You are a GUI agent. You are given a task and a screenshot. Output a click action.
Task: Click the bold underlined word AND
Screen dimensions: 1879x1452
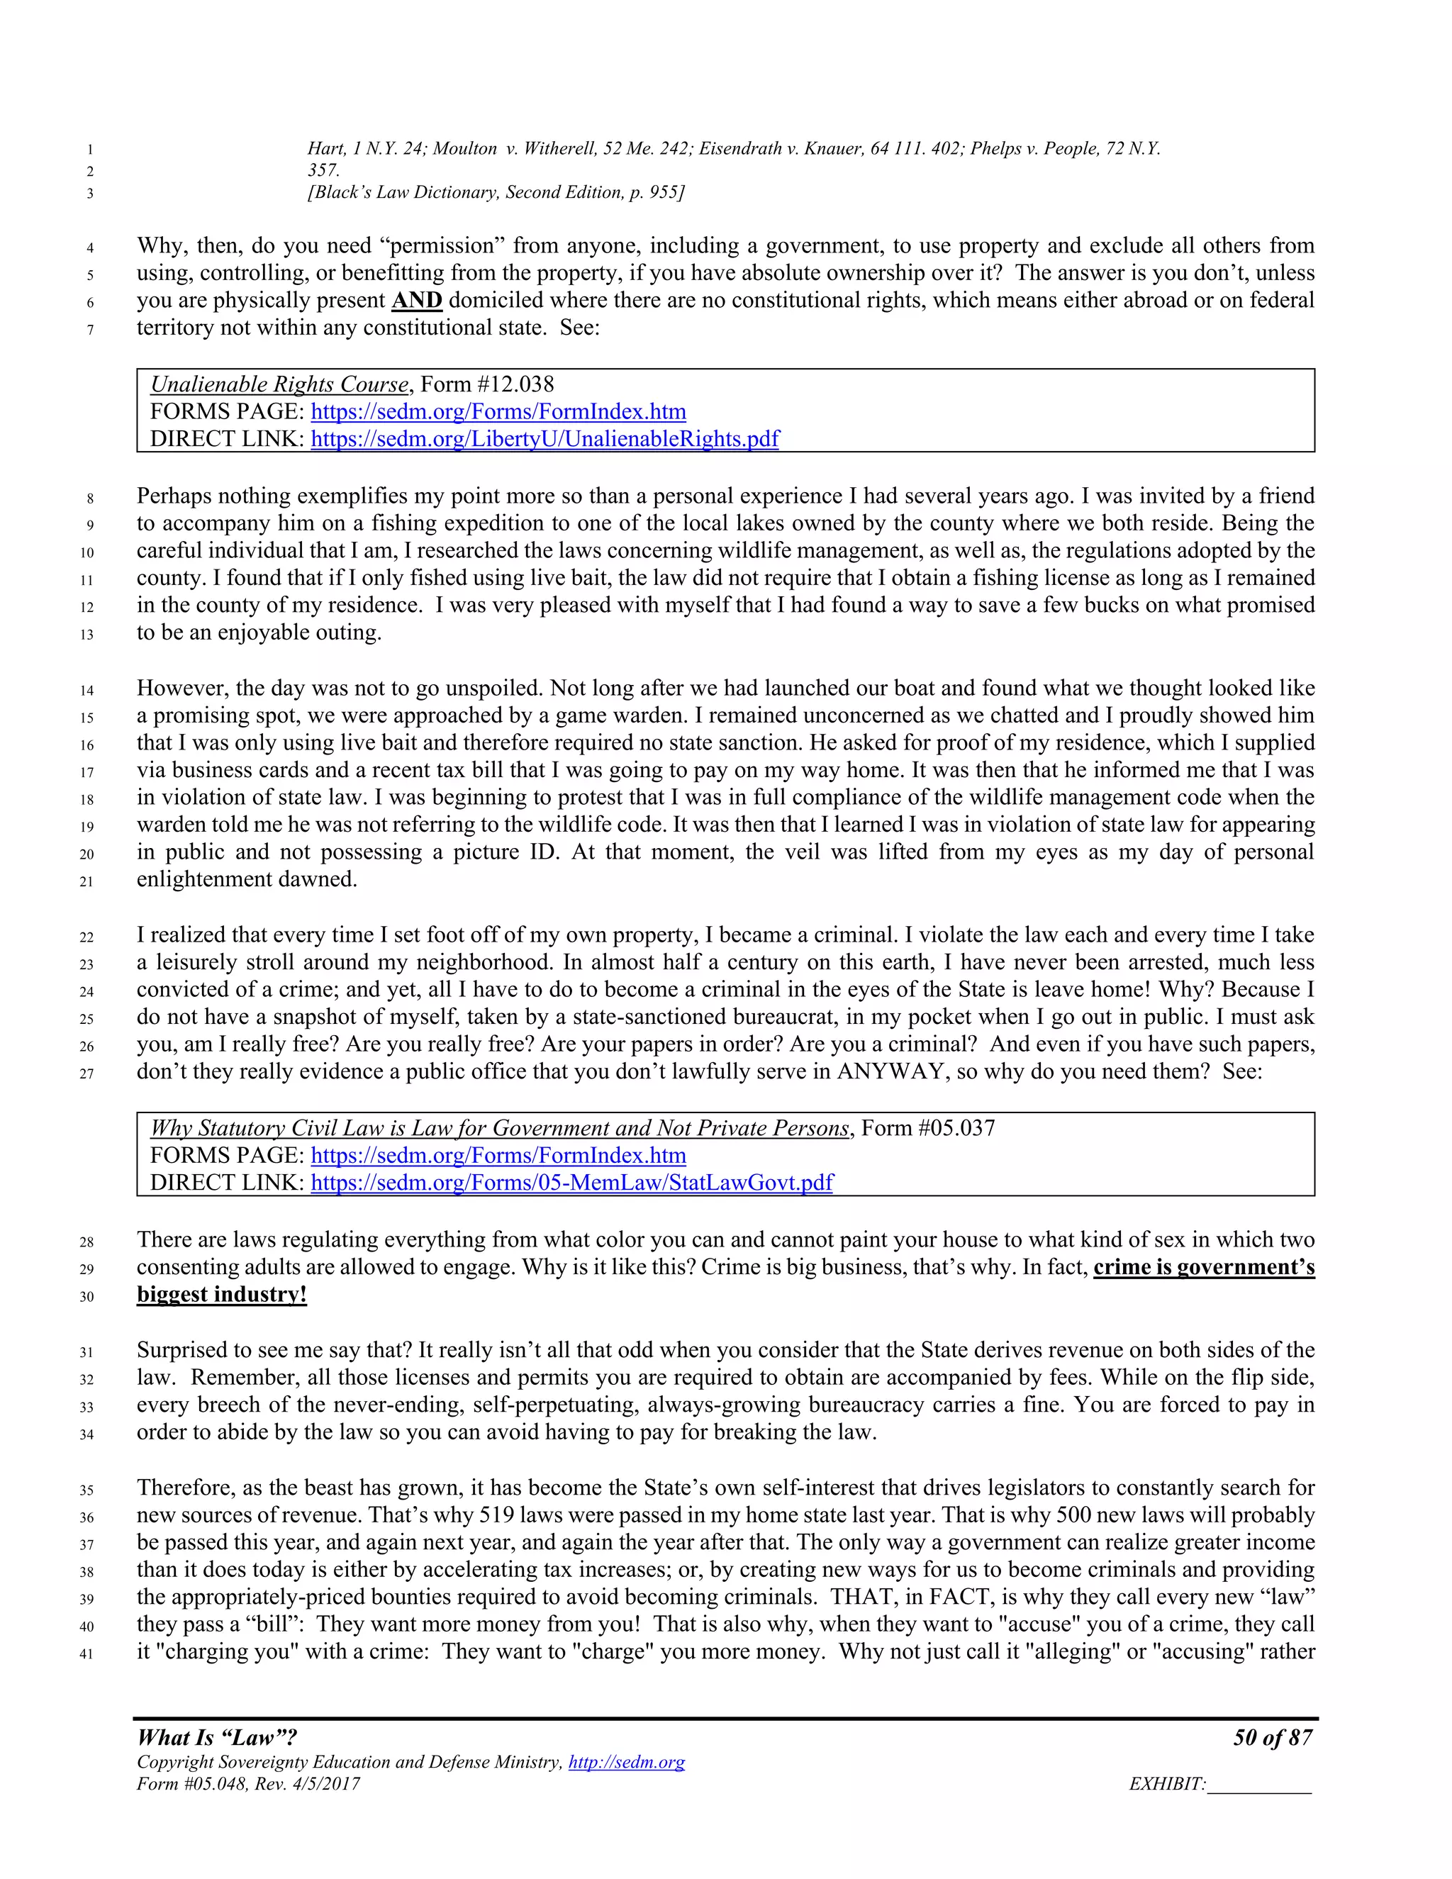click(x=416, y=300)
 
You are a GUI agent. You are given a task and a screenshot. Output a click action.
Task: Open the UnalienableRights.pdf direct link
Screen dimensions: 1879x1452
click(x=544, y=439)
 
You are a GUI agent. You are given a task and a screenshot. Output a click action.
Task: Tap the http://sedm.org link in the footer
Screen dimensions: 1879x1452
click(x=626, y=1762)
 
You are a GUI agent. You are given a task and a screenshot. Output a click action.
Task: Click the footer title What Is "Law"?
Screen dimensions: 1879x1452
click(x=217, y=1737)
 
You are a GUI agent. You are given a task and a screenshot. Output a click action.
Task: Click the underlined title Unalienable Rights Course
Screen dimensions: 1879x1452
click(x=279, y=384)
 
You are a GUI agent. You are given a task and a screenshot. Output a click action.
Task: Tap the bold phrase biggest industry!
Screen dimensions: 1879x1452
click(x=221, y=1295)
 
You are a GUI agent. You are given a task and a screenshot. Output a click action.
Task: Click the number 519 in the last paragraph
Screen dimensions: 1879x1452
click(x=496, y=1515)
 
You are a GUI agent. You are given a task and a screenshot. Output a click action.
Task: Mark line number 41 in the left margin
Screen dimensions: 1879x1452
click(x=86, y=1654)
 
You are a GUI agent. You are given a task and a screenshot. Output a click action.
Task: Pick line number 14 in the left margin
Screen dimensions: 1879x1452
click(x=86, y=690)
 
